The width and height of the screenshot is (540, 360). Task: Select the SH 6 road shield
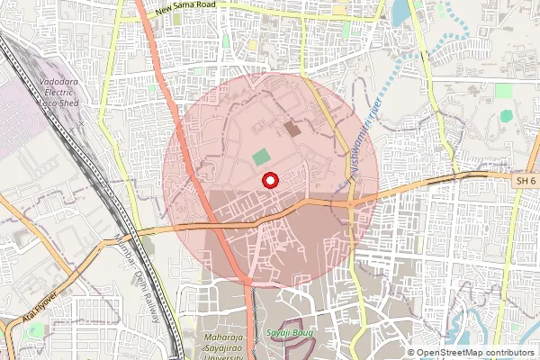[x=526, y=182]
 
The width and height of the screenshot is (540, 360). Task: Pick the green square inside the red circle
[x=261, y=157]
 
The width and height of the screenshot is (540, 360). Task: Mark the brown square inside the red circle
[x=293, y=130]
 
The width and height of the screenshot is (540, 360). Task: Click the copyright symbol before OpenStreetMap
[x=411, y=353]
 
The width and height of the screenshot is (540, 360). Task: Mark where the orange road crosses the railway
[x=130, y=231]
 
